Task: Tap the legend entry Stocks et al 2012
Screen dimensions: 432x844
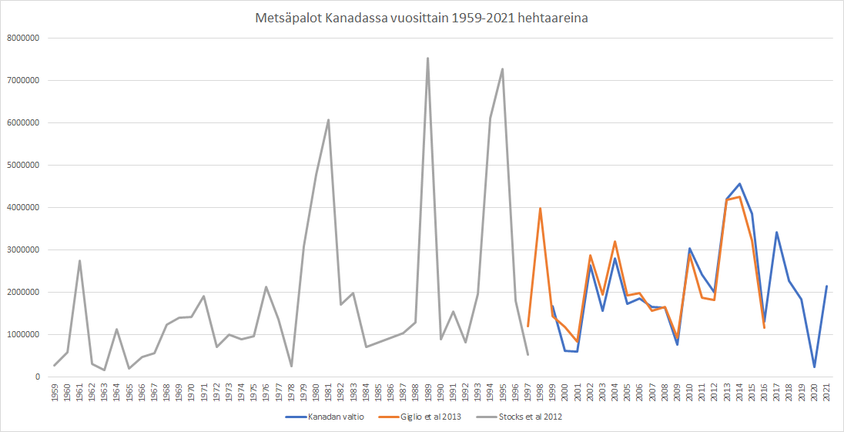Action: pos(531,417)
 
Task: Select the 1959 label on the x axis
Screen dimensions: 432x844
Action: pos(55,391)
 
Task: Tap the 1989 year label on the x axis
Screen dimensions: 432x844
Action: pos(428,391)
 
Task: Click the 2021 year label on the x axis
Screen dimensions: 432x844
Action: pos(826,391)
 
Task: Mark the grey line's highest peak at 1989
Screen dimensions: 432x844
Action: pos(428,58)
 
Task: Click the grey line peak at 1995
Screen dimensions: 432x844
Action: pos(503,69)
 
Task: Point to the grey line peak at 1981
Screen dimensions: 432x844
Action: pos(329,119)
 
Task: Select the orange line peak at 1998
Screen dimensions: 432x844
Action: pos(540,208)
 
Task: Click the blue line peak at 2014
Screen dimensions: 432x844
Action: pos(739,183)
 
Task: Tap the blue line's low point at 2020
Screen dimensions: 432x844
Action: pos(814,367)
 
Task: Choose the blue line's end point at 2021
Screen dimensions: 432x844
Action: pos(826,286)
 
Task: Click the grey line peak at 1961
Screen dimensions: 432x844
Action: pos(79,260)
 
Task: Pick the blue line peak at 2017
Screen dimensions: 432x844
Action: pos(776,232)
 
